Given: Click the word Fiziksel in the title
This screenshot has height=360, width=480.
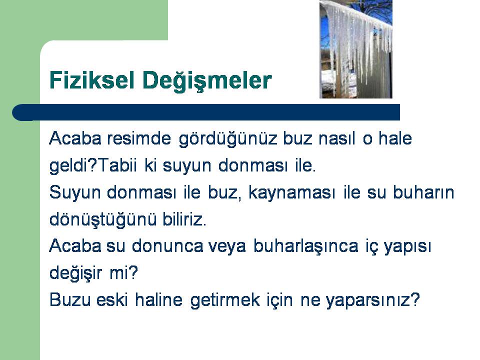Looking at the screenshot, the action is point(92,80).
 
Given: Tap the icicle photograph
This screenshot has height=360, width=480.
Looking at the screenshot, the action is point(355,49).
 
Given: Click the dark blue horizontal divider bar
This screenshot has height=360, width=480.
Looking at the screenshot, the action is point(206,112).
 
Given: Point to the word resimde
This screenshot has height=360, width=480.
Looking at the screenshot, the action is point(139,138).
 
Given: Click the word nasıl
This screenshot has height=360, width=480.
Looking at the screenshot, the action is point(336,138).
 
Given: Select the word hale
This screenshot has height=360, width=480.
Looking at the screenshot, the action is point(395,138).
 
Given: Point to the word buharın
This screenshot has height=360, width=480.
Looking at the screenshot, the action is point(423,192).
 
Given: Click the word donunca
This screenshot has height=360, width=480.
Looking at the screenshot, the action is point(167,246).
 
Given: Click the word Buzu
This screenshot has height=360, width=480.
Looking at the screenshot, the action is point(70,300).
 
